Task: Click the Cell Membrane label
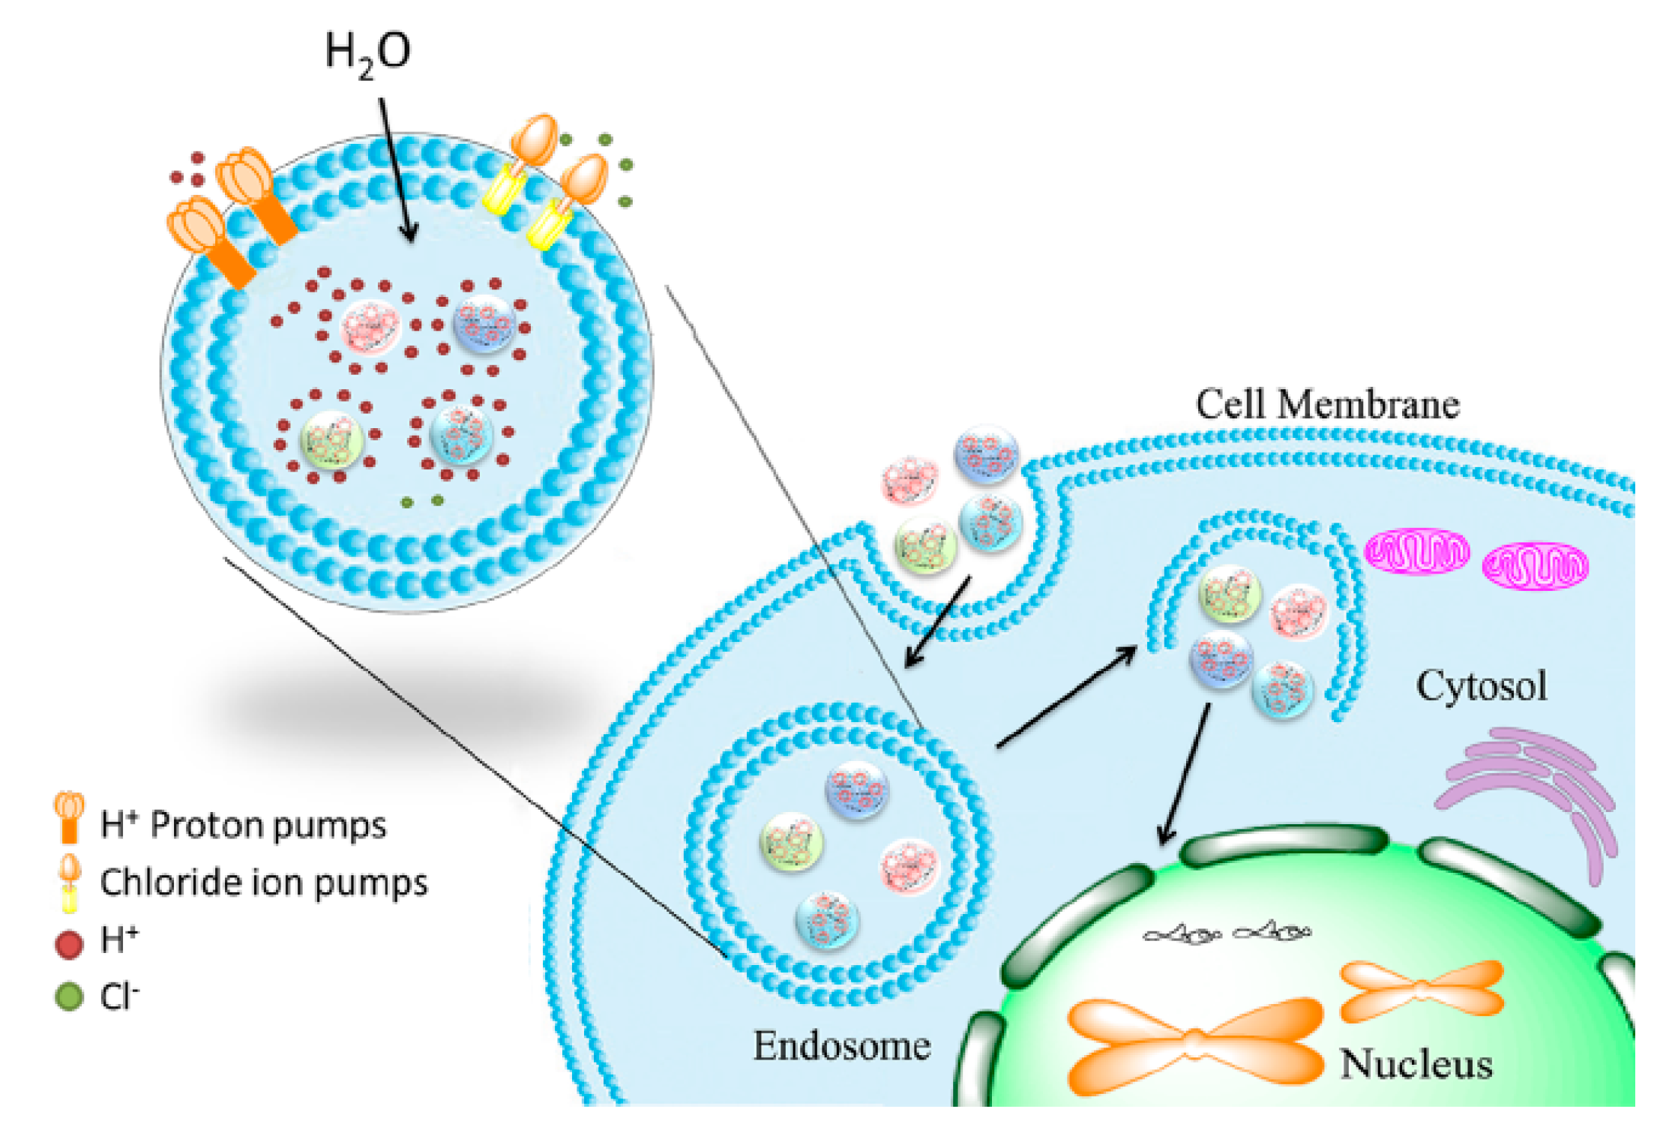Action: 1326,405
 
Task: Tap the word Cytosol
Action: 1481,686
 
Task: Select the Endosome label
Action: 841,1046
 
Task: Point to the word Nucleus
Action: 1416,1065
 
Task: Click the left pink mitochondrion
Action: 1416,551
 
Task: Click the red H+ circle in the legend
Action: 69,944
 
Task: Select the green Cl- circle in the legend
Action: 69,997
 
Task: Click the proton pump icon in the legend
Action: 69,817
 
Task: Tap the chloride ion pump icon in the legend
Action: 70,883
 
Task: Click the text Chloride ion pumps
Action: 263,883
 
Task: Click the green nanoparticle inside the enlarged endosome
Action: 331,440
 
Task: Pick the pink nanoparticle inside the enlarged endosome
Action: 370,327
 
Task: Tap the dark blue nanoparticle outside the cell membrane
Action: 986,454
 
